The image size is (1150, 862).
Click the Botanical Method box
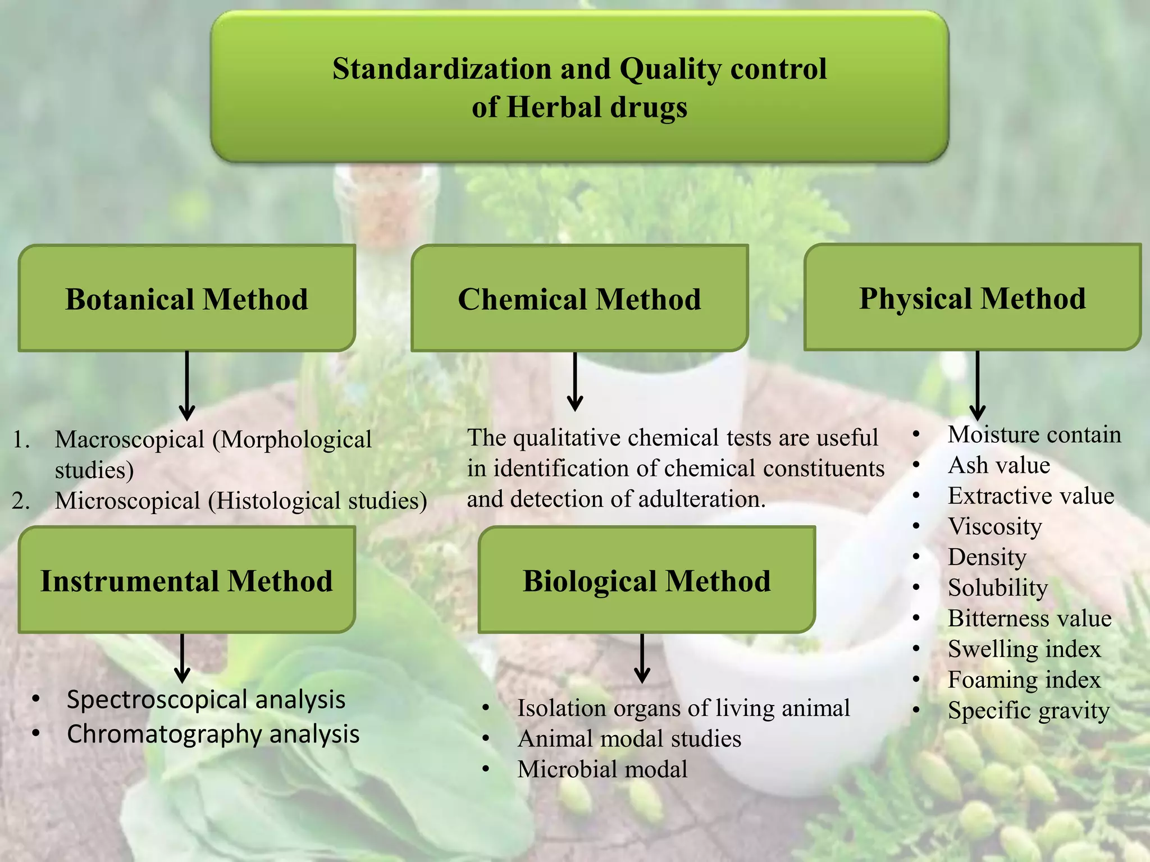pyautogui.click(x=186, y=299)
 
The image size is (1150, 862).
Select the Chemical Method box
pyautogui.click(x=579, y=299)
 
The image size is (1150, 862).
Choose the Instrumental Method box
pyautogui.click(x=186, y=580)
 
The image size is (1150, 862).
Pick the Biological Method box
pyautogui.click(x=646, y=580)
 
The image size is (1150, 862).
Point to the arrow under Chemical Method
pyautogui.click(x=575, y=382)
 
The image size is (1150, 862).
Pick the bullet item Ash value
pyautogui.click(x=998, y=465)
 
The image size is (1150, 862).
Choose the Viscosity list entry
pyautogui.click(x=994, y=526)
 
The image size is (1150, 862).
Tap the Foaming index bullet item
pyautogui.click(x=1024, y=680)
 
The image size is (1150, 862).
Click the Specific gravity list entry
pyautogui.click(x=1028, y=710)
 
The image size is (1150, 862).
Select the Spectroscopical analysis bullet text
pyautogui.click(x=206, y=700)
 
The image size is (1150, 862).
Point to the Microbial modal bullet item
pyautogui.click(x=602, y=769)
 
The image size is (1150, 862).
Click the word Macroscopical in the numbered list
pyautogui.click(x=130, y=439)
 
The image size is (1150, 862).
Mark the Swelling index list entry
pyautogui.click(x=1024, y=649)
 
